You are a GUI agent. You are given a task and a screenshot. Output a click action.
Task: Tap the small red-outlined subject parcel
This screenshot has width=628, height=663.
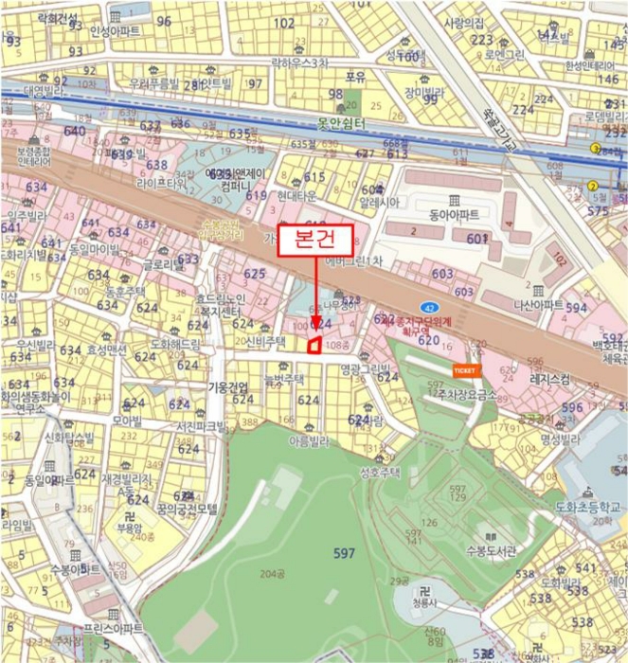(313, 347)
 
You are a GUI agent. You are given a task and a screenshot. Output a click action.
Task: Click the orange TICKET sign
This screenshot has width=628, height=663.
(466, 370)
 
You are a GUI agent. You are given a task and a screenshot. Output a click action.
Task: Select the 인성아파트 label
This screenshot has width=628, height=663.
(115, 31)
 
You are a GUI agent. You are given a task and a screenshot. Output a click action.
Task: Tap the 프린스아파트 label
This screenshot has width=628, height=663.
(113, 629)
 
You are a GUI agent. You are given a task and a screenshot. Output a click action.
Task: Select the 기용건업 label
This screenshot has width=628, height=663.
(227, 386)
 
